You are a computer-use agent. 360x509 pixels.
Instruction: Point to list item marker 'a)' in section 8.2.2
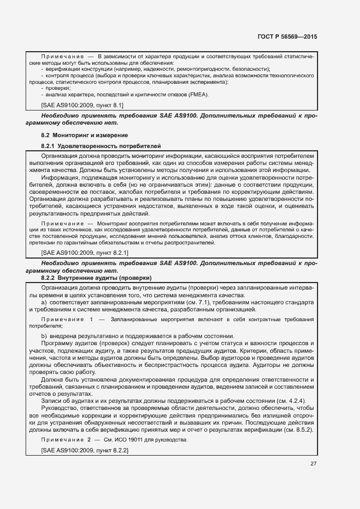(x=44, y=302)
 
